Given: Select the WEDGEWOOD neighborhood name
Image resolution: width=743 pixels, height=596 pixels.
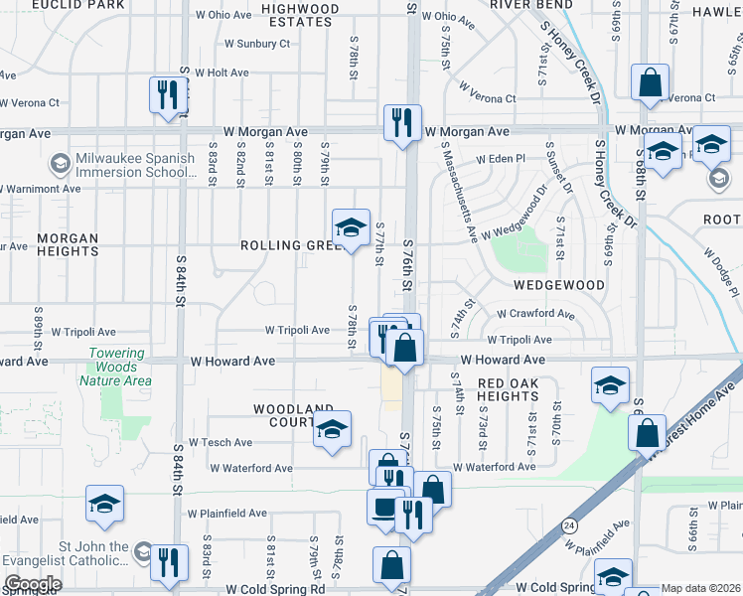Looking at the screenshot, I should click(x=559, y=285).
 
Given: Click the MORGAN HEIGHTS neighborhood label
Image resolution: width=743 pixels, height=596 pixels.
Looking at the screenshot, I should click(x=68, y=245).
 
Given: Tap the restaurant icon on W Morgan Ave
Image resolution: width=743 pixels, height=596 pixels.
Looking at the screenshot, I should click(x=402, y=123).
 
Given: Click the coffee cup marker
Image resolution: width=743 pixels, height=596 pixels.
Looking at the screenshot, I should click(x=384, y=507).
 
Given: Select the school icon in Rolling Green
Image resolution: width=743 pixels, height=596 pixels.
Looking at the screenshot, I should click(x=350, y=228).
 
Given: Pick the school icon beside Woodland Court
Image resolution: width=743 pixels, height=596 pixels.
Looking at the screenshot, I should click(x=333, y=430).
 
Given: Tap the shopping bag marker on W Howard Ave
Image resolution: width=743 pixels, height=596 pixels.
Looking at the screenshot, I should click(x=404, y=348).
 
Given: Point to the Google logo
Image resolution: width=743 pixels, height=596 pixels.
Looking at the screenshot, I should click(x=33, y=584).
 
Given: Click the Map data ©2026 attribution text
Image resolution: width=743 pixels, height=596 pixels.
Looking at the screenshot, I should click(x=700, y=588).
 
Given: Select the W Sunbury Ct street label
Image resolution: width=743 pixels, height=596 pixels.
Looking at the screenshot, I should click(x=256, y=44).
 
